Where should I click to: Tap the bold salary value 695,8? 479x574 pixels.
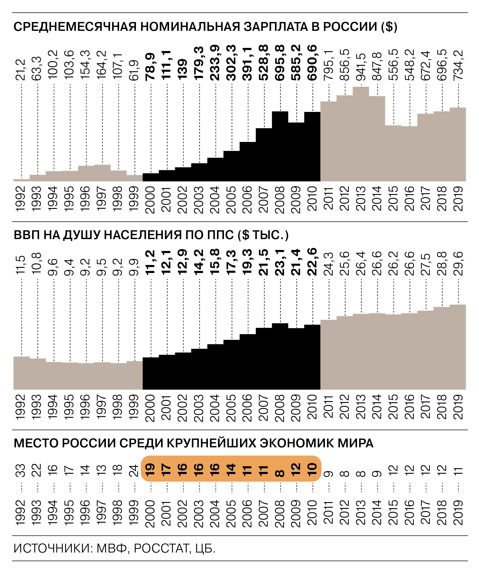(280, 63)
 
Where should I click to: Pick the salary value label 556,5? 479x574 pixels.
(394, 65)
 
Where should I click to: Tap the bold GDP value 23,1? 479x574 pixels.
(280, 262)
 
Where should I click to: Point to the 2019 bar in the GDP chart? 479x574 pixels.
(458, 347)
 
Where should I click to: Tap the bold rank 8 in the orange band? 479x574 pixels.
(280, 473)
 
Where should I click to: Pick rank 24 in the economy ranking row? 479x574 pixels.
(134, 470)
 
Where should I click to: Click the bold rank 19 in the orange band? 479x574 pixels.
(150, 470)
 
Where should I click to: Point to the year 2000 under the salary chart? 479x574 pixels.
(150, 200)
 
